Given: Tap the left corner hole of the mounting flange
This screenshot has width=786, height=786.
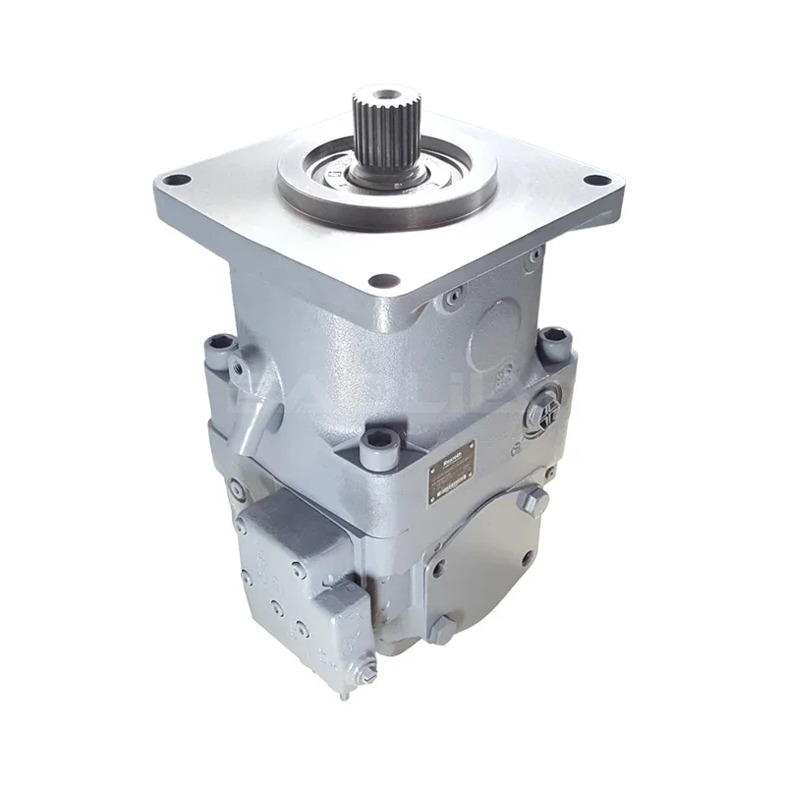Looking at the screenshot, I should (x=177, y=180).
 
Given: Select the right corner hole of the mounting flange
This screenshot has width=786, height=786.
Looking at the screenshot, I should (x=595, y=181).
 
